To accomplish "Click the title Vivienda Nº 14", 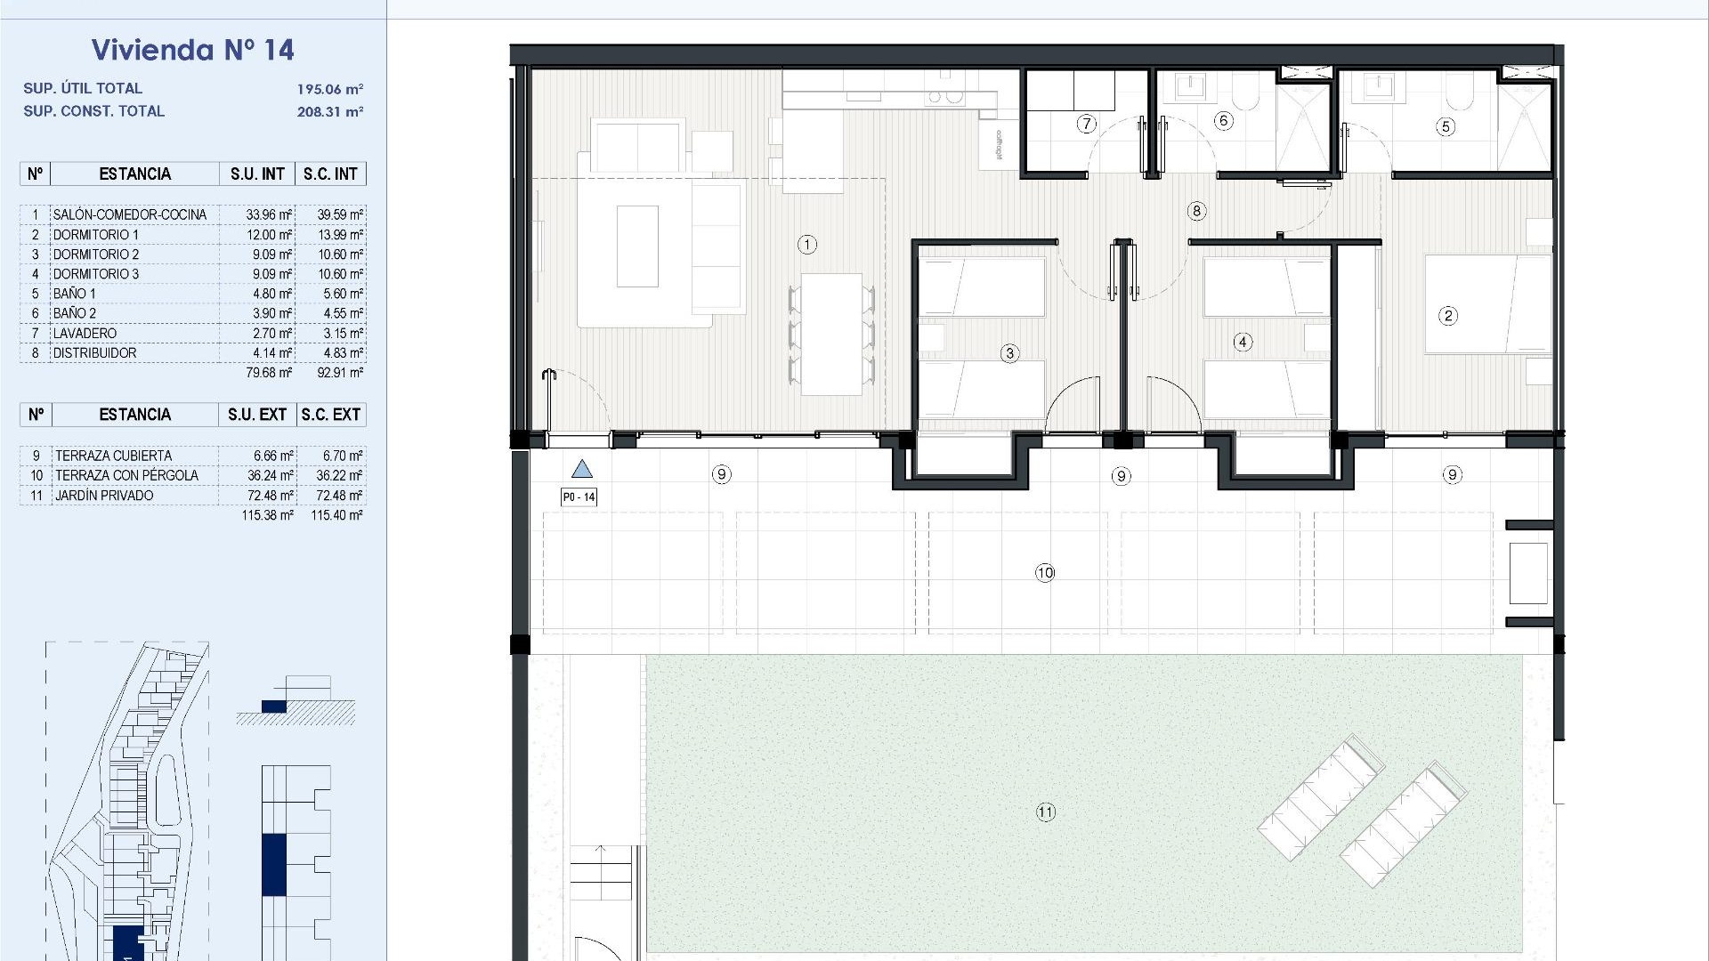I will pos(192,50).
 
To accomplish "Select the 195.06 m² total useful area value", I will pos(329,89).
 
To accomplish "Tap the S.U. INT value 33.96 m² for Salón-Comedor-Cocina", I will pos(269,214).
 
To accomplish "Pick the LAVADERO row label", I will pos(85,333).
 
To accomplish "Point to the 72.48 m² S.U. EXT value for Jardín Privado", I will pos(270,496).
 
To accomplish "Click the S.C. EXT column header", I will pos(330,415).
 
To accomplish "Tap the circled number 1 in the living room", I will pos(806,244).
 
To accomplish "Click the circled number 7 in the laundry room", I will pos(1086,124).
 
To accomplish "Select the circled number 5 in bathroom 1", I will pos(1446,126).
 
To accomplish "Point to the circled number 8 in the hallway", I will pos(1196,211).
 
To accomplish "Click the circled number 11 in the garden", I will pos(1045,812).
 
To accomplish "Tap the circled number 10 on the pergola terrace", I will pos(1045,572).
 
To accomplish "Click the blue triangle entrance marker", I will pos(581,469).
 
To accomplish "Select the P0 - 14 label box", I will pos(579,497).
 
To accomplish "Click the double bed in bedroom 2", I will pos(1486,304).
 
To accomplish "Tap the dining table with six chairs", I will pos(831,335).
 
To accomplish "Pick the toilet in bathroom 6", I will pos(1247,93).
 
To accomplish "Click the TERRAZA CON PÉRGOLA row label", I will pos(126,475).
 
